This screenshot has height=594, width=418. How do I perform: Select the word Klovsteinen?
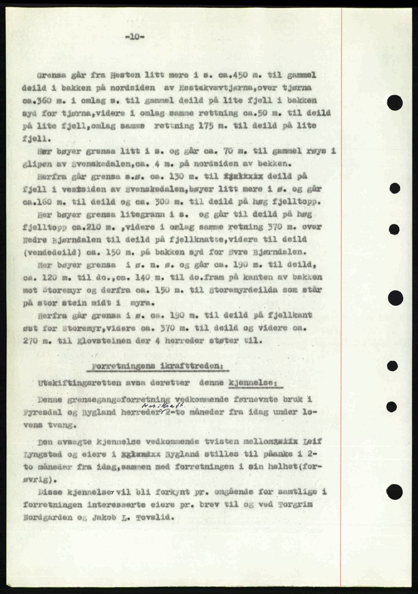(x=126, y=341)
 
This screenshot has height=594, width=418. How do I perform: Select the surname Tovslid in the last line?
(x=150, y=518)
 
